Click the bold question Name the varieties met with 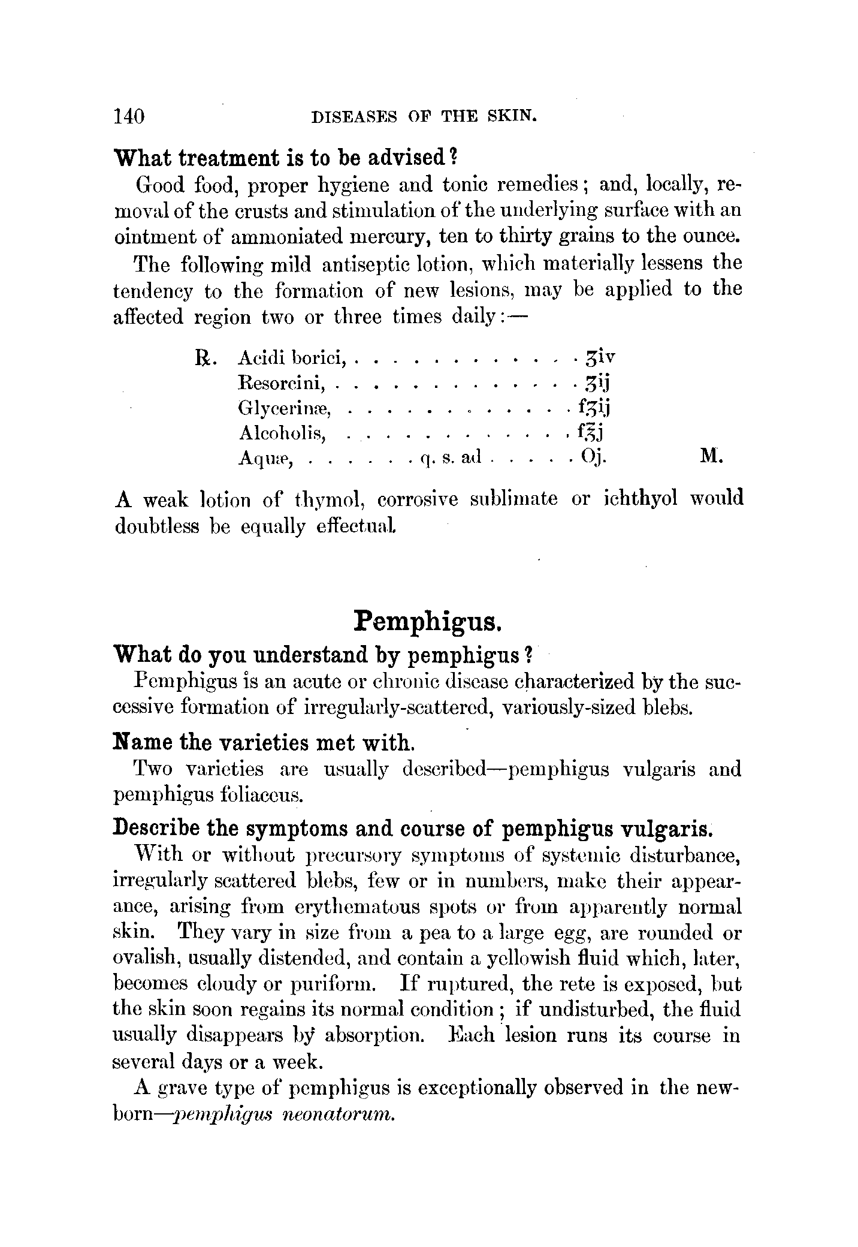[264, 743]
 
